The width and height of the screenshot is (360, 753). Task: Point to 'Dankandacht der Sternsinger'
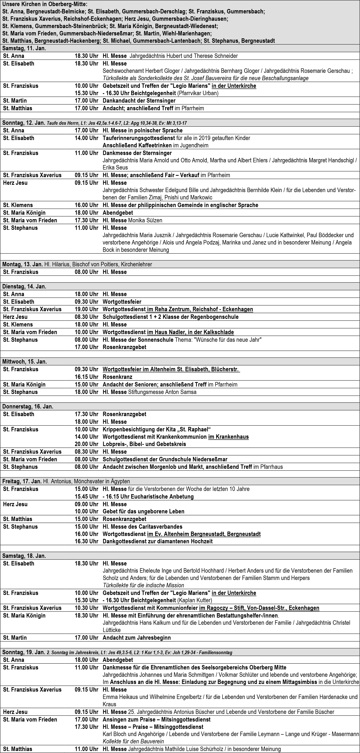[139, 100]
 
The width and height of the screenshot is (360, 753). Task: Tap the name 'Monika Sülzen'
[145, 220]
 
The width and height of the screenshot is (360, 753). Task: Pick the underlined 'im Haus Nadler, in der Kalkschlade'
[190, 332]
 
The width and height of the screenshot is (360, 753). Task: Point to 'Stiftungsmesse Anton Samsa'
[162, 392]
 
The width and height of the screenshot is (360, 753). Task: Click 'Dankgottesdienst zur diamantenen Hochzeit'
[157, 541]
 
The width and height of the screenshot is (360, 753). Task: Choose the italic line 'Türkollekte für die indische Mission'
[143, 585]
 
